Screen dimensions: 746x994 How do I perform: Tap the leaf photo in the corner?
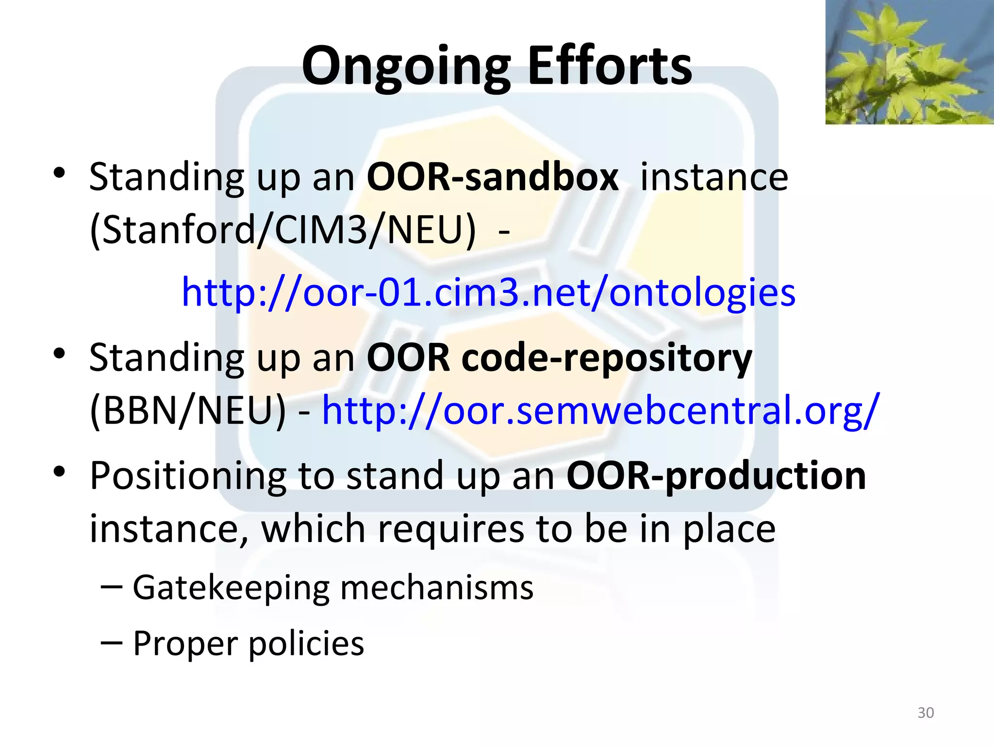[909, 62]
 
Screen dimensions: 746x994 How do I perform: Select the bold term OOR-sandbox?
[492, 177]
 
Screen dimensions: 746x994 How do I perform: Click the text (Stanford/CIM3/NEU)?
[283, 230]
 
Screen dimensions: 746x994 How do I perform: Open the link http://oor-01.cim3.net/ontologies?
[488, 292]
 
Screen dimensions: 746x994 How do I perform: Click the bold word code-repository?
[607, 358]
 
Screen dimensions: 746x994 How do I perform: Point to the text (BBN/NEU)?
[188, 411]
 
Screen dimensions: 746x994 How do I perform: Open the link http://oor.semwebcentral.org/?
[600, 411]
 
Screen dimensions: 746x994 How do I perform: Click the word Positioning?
[188, 476]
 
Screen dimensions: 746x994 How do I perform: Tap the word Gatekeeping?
[231, 588]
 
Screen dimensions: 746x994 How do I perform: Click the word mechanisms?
[437, 588]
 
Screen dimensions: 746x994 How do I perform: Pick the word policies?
[306, 644]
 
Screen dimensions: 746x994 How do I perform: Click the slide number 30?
[926, 712]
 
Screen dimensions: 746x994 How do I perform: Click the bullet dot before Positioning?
[59, 471]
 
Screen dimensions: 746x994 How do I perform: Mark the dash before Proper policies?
[112, 643]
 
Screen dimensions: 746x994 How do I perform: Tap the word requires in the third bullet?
[451, 529]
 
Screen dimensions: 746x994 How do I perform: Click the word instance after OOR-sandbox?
[714, 177]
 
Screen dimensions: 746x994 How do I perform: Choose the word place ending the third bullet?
[729, 530]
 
